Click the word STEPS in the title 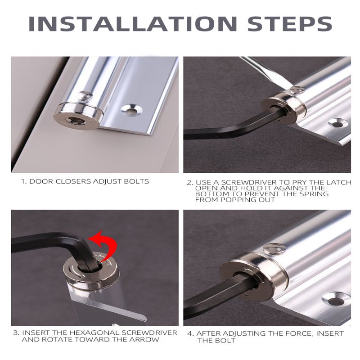(x=290, y=24)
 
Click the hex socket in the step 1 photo (x=72, y=120)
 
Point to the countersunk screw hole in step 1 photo (x=131, y=110)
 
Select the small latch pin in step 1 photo (x=85, y=95)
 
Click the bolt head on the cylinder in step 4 (x=274, y=249)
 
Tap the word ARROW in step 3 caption (x=144, y=340)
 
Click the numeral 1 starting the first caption (x=23, y=181)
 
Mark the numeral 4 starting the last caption (x=190, y=333)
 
